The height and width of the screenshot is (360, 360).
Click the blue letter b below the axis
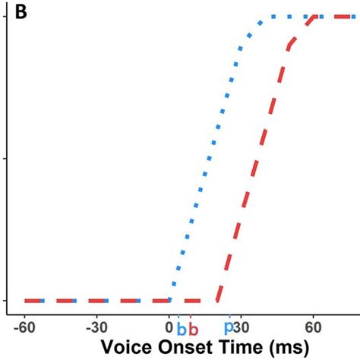point(181,330)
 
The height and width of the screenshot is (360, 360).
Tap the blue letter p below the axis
point(229,328)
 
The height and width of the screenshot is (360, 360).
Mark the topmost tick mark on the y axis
point(6,16)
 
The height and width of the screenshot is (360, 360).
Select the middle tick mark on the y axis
point(6,158)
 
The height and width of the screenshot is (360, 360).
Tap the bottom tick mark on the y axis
point(6,301)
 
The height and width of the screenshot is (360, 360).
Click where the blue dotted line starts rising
point(169,301)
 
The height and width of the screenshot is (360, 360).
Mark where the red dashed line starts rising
point(217,301)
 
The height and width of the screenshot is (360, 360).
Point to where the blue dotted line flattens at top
point(263,17)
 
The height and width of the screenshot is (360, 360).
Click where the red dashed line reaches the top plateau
point(313,17)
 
